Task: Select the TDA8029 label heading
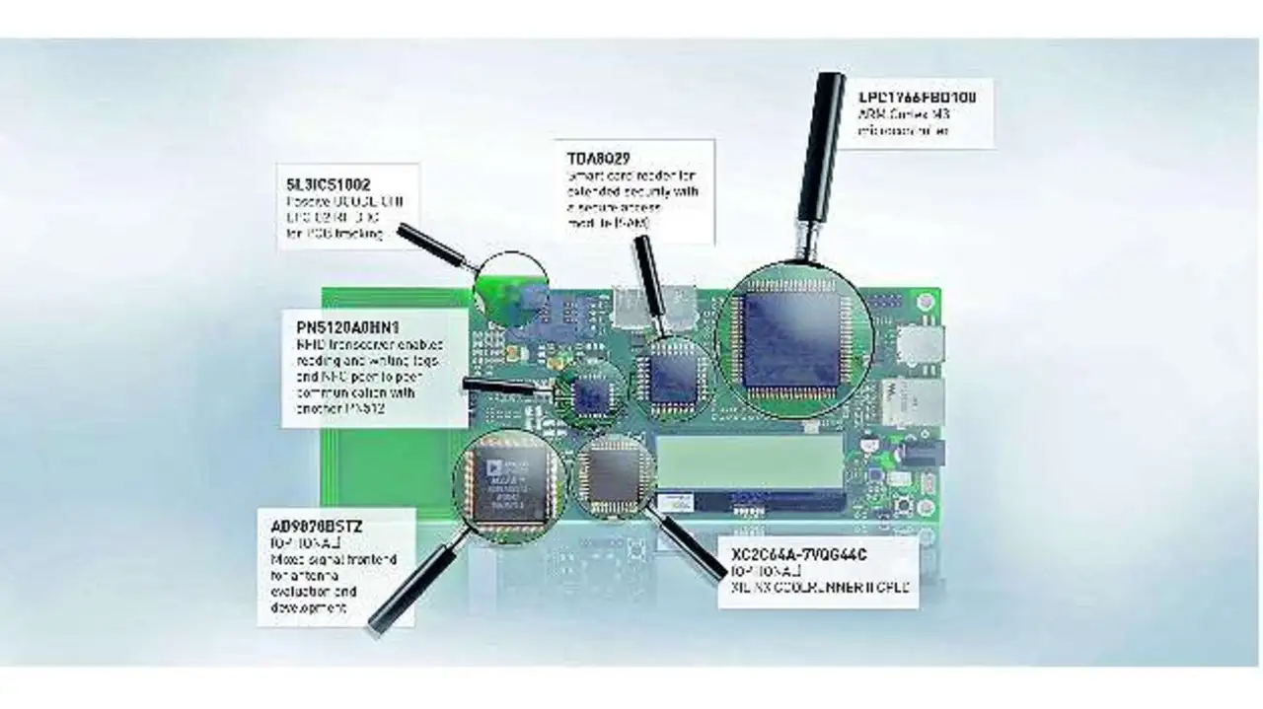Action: [x=599, y=158]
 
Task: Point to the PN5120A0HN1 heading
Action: [x=346, y=326]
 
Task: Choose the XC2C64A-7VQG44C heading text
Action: [x=799, y=554]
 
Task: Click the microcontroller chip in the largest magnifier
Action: [x=792, y=340]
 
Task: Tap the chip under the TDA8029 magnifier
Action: [x=674, y=378]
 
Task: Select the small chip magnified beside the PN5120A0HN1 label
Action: [x=592, y=394]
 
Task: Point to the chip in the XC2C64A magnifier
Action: [x=614, y=474]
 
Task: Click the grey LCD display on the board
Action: [x=750, y=460]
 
